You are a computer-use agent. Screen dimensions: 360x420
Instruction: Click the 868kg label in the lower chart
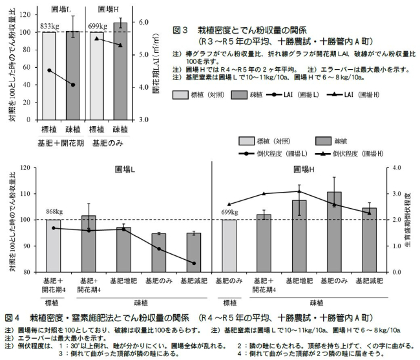coord(54,211)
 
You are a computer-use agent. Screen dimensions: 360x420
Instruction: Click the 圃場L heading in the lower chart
coord(125,169)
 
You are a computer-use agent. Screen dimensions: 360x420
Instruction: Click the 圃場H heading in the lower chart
coord(303,169)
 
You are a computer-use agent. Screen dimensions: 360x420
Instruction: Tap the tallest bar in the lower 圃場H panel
coord(334,231)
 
